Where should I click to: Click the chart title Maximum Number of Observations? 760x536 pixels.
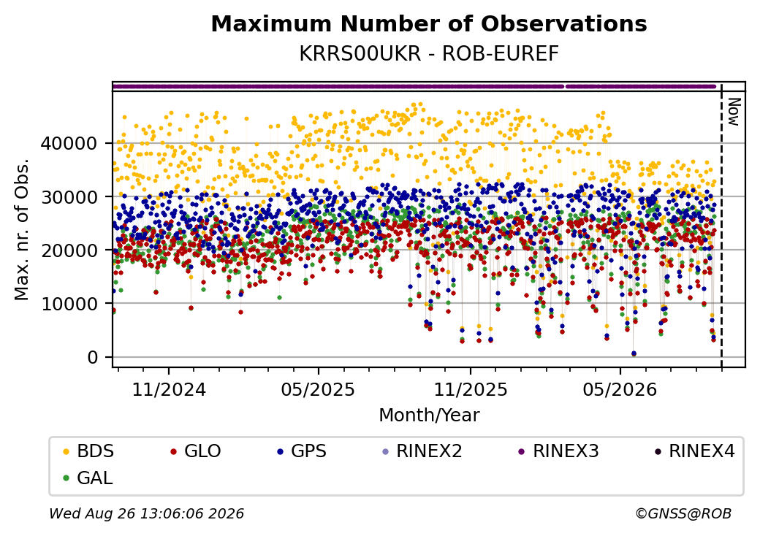[x=429, y=24]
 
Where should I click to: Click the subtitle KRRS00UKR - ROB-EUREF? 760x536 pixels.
[x=429, y=54]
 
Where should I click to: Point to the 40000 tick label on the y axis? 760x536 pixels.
[x=69, y=143]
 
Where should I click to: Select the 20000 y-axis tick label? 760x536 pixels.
[x=69, y=250]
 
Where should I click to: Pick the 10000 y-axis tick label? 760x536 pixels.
[x=69, y=304]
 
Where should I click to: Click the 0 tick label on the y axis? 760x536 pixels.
[x=93, y=357]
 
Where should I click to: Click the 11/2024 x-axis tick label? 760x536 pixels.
[x=169, y=390]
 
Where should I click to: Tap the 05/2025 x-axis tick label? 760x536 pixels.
[x=319, y=390]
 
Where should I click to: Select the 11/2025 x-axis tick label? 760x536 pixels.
[x=470, y=390]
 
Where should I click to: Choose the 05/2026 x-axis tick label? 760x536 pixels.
[x=620, y=390]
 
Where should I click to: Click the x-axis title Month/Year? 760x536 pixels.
[x=429, y=416]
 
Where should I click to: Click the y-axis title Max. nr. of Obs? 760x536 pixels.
[x=22, y=229]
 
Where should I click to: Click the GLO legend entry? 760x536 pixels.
[x=196, y=451]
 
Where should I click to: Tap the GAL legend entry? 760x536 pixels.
[x=88, y=478]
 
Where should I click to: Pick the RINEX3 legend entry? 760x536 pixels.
[x=558, y=451]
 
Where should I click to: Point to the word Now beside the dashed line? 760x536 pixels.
[x=734, y=112]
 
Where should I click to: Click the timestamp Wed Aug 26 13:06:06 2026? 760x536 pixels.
[x=147, y=513]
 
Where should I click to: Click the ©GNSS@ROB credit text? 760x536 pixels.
[x=683, y=513]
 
